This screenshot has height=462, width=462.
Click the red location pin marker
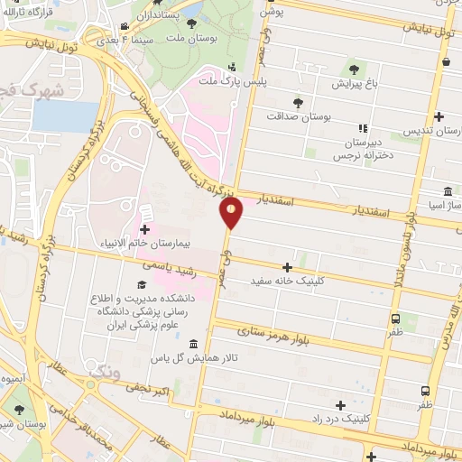(231, 213)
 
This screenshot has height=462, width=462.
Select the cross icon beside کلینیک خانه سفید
(288, 266)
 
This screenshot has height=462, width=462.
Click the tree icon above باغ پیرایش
(353, 69)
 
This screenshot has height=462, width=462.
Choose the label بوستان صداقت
(300, 115)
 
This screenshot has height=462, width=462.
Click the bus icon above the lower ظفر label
(425, 391)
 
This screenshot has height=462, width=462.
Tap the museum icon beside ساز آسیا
(448, 192)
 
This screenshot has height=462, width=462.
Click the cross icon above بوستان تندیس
(439, 116)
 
